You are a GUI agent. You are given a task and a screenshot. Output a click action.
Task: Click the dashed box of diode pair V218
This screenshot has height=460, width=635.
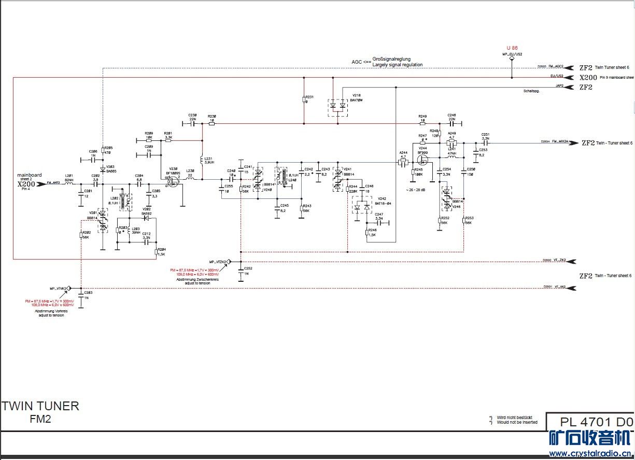(x=338, y=106)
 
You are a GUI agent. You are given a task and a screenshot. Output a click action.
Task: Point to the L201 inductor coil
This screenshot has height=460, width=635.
(x=69, y=183)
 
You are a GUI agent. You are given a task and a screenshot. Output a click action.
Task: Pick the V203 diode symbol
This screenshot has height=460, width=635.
(x=103, y=170)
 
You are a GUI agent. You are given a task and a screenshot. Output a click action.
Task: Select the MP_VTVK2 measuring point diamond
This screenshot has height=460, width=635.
(x=69, y=288)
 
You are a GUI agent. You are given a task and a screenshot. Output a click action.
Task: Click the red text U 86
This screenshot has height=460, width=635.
(x=512, y=48)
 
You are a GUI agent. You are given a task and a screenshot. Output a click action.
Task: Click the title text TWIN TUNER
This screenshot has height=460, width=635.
(x=40, y=406)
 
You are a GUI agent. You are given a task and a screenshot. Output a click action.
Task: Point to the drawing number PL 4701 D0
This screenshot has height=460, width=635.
(x=596, y=422)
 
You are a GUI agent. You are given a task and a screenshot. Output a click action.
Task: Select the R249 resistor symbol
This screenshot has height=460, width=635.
(x=422, y=123)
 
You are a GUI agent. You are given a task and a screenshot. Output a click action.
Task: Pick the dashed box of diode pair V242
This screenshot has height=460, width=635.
(x=361, y=207)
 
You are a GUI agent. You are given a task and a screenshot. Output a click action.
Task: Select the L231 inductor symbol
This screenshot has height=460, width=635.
(x=202, y=160)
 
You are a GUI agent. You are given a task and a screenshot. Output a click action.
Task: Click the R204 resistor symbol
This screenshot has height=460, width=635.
(x=156, y=253)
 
